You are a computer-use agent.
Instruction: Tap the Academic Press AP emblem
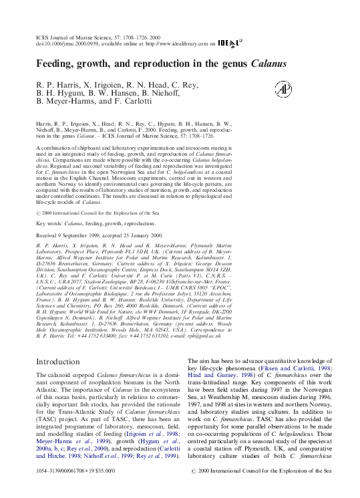click(283, 89)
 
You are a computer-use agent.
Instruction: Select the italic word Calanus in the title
click(269, 64)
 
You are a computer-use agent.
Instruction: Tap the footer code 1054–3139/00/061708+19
click(69, 489)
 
